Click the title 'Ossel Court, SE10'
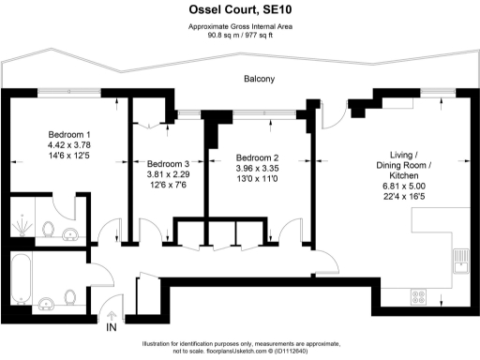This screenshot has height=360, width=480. click(x=239, y=10)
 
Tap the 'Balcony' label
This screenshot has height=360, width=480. click(x=259, y=80)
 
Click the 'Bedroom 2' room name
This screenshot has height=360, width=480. click(x=258, y=157)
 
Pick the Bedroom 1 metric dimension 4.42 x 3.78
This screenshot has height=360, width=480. click(x=70, y=145)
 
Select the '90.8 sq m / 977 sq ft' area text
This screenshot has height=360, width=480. click(x=239, y=35)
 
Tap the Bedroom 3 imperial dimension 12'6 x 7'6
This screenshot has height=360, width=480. click(x=168, y=186)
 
